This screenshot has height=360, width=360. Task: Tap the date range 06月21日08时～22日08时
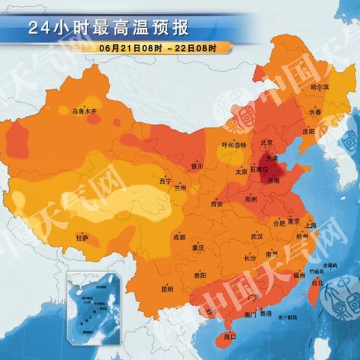click(157, 48)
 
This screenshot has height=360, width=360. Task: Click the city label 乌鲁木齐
click(84, 111)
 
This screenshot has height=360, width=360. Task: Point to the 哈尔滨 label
click(320, 88)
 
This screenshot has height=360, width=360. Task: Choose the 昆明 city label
click(166, 288)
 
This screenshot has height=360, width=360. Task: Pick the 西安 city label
click(217, 202)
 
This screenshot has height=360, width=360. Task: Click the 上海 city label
click(310, 225)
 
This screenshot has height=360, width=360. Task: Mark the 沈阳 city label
click(309, 130)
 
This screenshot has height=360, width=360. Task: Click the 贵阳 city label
click(199, 275)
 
